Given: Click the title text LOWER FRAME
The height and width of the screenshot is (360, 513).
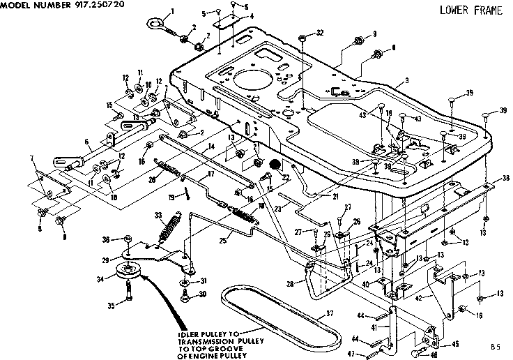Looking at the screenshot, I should coord(470,10).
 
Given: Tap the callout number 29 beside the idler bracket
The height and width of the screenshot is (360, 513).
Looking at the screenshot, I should coord(105,260).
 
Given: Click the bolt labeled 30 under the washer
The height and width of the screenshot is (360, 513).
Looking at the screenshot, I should coord(185,296).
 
